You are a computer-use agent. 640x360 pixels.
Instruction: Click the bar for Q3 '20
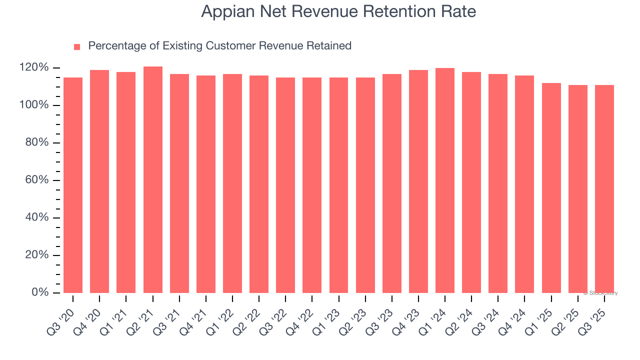pyautogui.click(x=73, y=185)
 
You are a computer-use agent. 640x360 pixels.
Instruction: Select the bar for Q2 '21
pyautogui.click(x=152, y=179)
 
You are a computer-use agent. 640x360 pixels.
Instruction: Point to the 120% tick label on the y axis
pyautogui.click(x=34, y=67)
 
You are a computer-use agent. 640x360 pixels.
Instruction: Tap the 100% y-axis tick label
pyautogui.click(x=34, y=105)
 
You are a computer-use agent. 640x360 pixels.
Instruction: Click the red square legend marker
pyautogui.click(x=77, y=47)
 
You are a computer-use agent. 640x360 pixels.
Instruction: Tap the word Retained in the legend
pyautogui.click(x=329, y=46)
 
